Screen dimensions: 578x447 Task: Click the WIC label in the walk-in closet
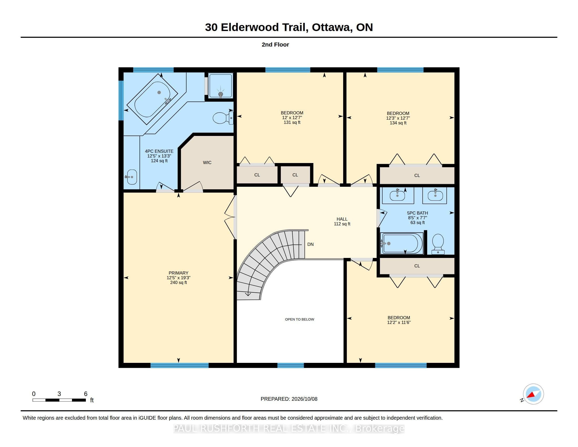(207, 162)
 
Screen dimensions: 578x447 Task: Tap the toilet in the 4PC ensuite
(223, 118)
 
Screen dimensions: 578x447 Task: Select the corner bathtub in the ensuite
(152, 99)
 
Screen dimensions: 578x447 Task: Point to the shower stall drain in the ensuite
(220, 94)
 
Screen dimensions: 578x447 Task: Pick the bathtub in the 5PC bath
(401, 243)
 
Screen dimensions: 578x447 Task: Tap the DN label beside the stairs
(311, 245)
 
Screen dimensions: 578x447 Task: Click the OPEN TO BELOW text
(300, 319)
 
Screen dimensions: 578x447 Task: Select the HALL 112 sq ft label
(342, 221)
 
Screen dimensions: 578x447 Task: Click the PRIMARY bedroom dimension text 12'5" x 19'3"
(178, 278)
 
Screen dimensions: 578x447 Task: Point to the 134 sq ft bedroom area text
(398, 123)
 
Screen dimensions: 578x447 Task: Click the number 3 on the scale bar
(59, 394)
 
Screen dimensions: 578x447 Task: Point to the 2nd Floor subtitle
(275, 44)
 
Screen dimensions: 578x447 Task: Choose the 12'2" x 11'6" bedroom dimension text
(399, 322)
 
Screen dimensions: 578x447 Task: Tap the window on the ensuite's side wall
(121, 100)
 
